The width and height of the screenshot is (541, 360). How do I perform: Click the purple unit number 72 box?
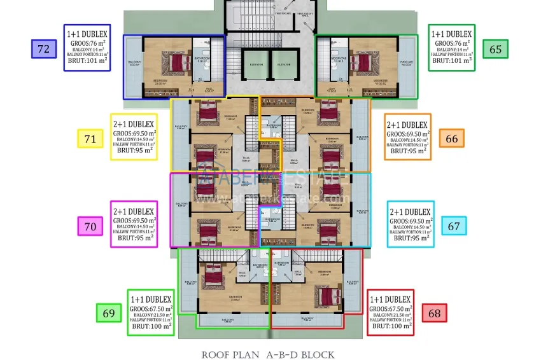coord(44,48)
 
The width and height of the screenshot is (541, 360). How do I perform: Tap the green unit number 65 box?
coord(495,48)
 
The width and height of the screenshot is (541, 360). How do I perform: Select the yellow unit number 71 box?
coord(90,138)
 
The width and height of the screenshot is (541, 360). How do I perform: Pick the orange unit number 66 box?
coord(451,138)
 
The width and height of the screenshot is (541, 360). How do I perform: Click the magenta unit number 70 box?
coord(90,225)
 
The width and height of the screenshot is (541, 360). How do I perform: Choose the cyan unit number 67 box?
coord(453,225)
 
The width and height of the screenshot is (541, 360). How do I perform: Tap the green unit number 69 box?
coord(109,313)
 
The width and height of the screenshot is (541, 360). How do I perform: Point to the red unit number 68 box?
coord(434,313)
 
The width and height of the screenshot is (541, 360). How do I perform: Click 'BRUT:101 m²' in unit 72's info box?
coord(88,62)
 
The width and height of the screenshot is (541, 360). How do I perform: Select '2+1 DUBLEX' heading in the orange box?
coord(407,125)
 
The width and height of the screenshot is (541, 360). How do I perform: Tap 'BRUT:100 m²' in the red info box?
coord(391,326)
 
